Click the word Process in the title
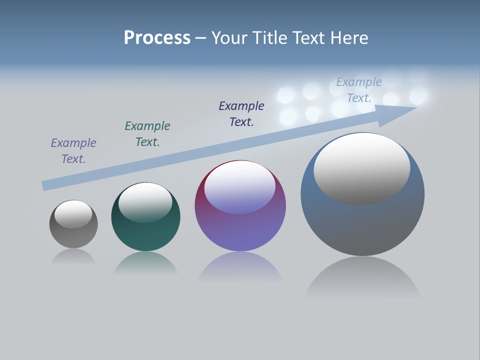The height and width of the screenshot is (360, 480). [x=157, y=38]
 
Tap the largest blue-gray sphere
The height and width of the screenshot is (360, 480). [x=362, y=225]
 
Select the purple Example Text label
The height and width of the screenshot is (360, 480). [x=73, y=151]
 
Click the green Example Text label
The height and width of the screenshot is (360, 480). [x=147, y=134]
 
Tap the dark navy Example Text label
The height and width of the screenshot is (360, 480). [x=241, y=114]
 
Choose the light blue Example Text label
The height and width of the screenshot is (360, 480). [x=359, y=90]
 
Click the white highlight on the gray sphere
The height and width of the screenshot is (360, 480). [x=73, y=214]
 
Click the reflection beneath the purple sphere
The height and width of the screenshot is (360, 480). [x=240, y=267]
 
